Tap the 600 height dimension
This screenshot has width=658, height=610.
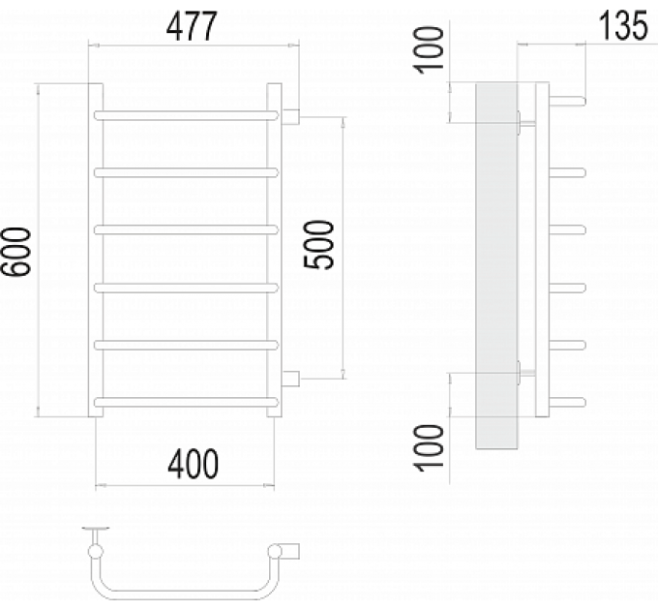16,252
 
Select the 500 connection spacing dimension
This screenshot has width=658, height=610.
319,245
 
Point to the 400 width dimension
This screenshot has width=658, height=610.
193,464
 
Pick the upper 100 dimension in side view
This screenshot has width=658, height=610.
430,50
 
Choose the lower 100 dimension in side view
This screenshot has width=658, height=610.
430,447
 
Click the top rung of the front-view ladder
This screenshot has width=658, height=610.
186,115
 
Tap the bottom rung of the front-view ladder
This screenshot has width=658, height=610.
186,402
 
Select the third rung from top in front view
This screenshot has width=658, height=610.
186,230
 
